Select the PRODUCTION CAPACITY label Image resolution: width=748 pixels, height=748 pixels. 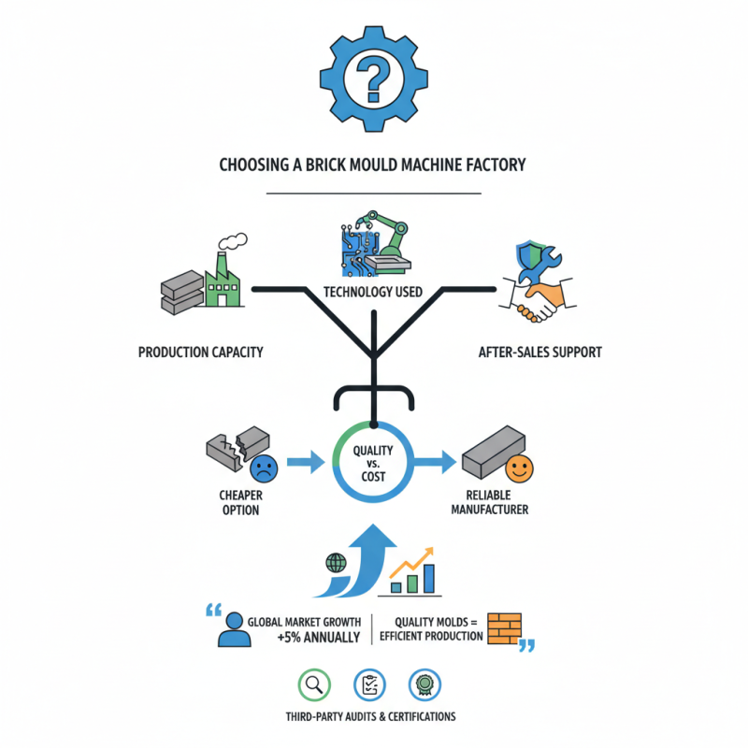201,352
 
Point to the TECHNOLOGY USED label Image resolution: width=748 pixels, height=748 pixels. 372,292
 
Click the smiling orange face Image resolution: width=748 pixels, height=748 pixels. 517,465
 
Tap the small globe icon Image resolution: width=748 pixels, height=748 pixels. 334,563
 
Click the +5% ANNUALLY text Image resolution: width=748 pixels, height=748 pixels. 318,638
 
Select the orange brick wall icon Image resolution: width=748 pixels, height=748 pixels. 508,626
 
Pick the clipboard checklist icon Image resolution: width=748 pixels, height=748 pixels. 370,685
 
